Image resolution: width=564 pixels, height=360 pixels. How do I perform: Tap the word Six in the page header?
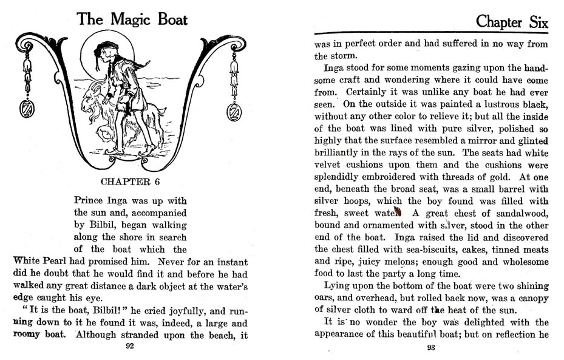535,22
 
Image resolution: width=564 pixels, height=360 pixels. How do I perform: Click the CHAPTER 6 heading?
130,182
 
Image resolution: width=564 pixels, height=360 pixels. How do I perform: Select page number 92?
129,347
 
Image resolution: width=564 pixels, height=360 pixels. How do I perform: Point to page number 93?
431,347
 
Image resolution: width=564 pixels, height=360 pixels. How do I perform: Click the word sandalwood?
517,213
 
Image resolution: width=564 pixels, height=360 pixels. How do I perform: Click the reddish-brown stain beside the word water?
398,212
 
